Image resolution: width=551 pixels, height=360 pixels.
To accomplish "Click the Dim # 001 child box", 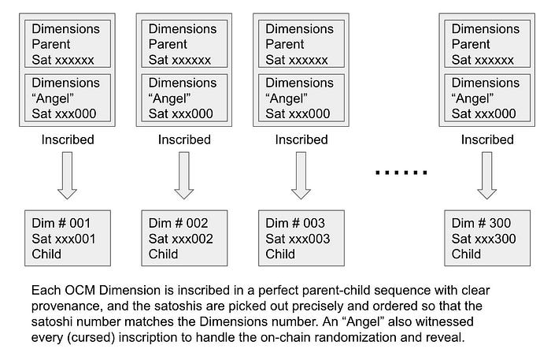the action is (x=68, y=238).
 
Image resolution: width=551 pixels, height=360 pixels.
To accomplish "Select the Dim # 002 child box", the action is (x=184, y=238).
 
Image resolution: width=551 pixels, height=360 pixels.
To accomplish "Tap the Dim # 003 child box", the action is (x=301, y=238).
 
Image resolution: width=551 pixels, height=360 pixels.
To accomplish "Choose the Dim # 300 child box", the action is (x=487, y=238).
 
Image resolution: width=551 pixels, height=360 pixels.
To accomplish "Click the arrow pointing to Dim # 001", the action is (x=67, y=176).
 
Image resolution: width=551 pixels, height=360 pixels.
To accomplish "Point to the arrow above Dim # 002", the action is (x=184, y=176).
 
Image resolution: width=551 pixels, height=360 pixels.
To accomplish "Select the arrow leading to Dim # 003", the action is (x=301, y=176).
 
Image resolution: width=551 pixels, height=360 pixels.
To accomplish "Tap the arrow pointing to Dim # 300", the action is (x=487, y=176).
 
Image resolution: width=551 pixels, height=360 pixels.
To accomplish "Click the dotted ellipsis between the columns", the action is (x=401, y=173).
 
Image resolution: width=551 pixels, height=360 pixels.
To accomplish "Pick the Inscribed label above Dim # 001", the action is (x=68, y=139).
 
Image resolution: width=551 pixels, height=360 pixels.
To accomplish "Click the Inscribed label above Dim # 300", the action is (x=487, y=139).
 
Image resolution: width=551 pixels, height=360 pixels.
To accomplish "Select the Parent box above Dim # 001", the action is (x=68, y=43).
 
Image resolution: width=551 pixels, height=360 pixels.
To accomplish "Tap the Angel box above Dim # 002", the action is (x=184, y=98).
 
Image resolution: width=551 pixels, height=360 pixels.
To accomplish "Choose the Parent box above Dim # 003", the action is (x=301, y=43).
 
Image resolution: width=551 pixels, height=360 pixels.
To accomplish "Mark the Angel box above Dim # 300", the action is (x=487, y=98).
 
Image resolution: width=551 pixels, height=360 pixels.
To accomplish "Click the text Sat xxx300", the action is (x=483, y=239).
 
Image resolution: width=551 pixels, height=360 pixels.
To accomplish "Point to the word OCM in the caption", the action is (x=80, y=291).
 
